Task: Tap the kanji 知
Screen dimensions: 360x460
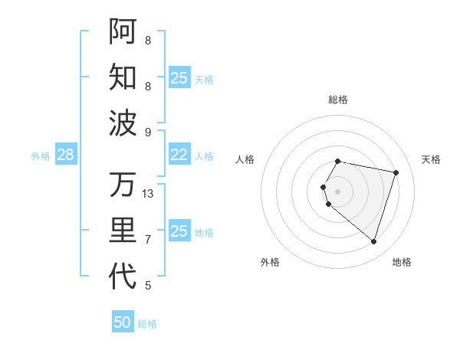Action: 123,77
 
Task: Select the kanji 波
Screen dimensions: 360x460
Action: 123,122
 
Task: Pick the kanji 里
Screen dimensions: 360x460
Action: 123,231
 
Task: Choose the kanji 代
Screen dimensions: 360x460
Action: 123,277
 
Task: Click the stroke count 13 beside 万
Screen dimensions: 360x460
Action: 149,194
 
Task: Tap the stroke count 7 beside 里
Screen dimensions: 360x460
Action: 148,240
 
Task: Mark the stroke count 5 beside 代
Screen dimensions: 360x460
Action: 148,286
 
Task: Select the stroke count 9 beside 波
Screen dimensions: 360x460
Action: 148,132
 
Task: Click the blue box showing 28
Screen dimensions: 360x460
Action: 65,155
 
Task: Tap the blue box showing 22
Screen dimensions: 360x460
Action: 179,155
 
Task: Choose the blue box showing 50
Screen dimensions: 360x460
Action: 123,322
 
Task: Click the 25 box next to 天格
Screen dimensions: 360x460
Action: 179,78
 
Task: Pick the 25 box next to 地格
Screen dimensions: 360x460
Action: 179,231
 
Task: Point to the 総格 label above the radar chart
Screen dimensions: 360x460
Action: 338,100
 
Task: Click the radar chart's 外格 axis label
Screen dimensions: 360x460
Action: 270,262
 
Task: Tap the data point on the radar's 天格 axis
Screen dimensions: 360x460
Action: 396,172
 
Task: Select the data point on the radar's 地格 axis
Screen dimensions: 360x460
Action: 373,241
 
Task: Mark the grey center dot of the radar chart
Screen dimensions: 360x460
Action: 338,191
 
